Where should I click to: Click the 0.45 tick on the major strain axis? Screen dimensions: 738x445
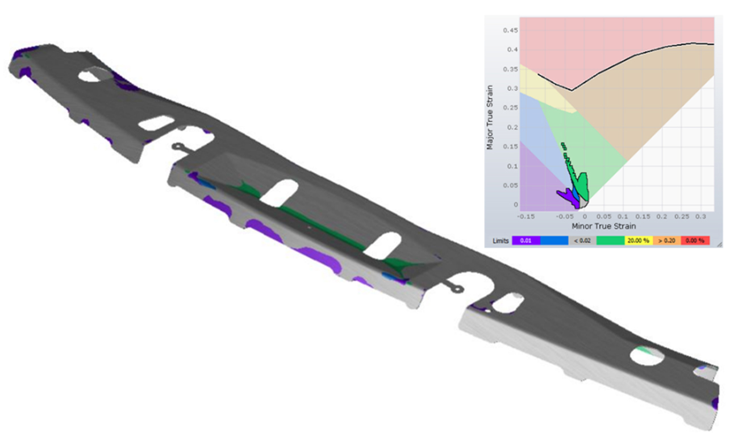pos(510,31)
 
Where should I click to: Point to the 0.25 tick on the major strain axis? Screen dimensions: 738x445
pos(510,108)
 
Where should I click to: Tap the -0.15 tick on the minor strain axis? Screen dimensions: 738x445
pos(526,217)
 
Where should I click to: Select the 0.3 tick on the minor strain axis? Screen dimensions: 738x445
pos(701,217)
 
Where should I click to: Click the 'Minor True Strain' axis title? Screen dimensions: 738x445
pos(603,226)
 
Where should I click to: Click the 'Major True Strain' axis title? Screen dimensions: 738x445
pos(490,117)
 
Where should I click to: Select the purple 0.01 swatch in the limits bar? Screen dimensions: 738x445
pos(526,240)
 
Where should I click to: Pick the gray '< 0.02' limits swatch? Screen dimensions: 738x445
pos(582,240)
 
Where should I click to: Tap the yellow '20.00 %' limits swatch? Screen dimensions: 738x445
pos(639,240)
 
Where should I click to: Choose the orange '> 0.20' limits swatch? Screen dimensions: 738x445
pos(666,240)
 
